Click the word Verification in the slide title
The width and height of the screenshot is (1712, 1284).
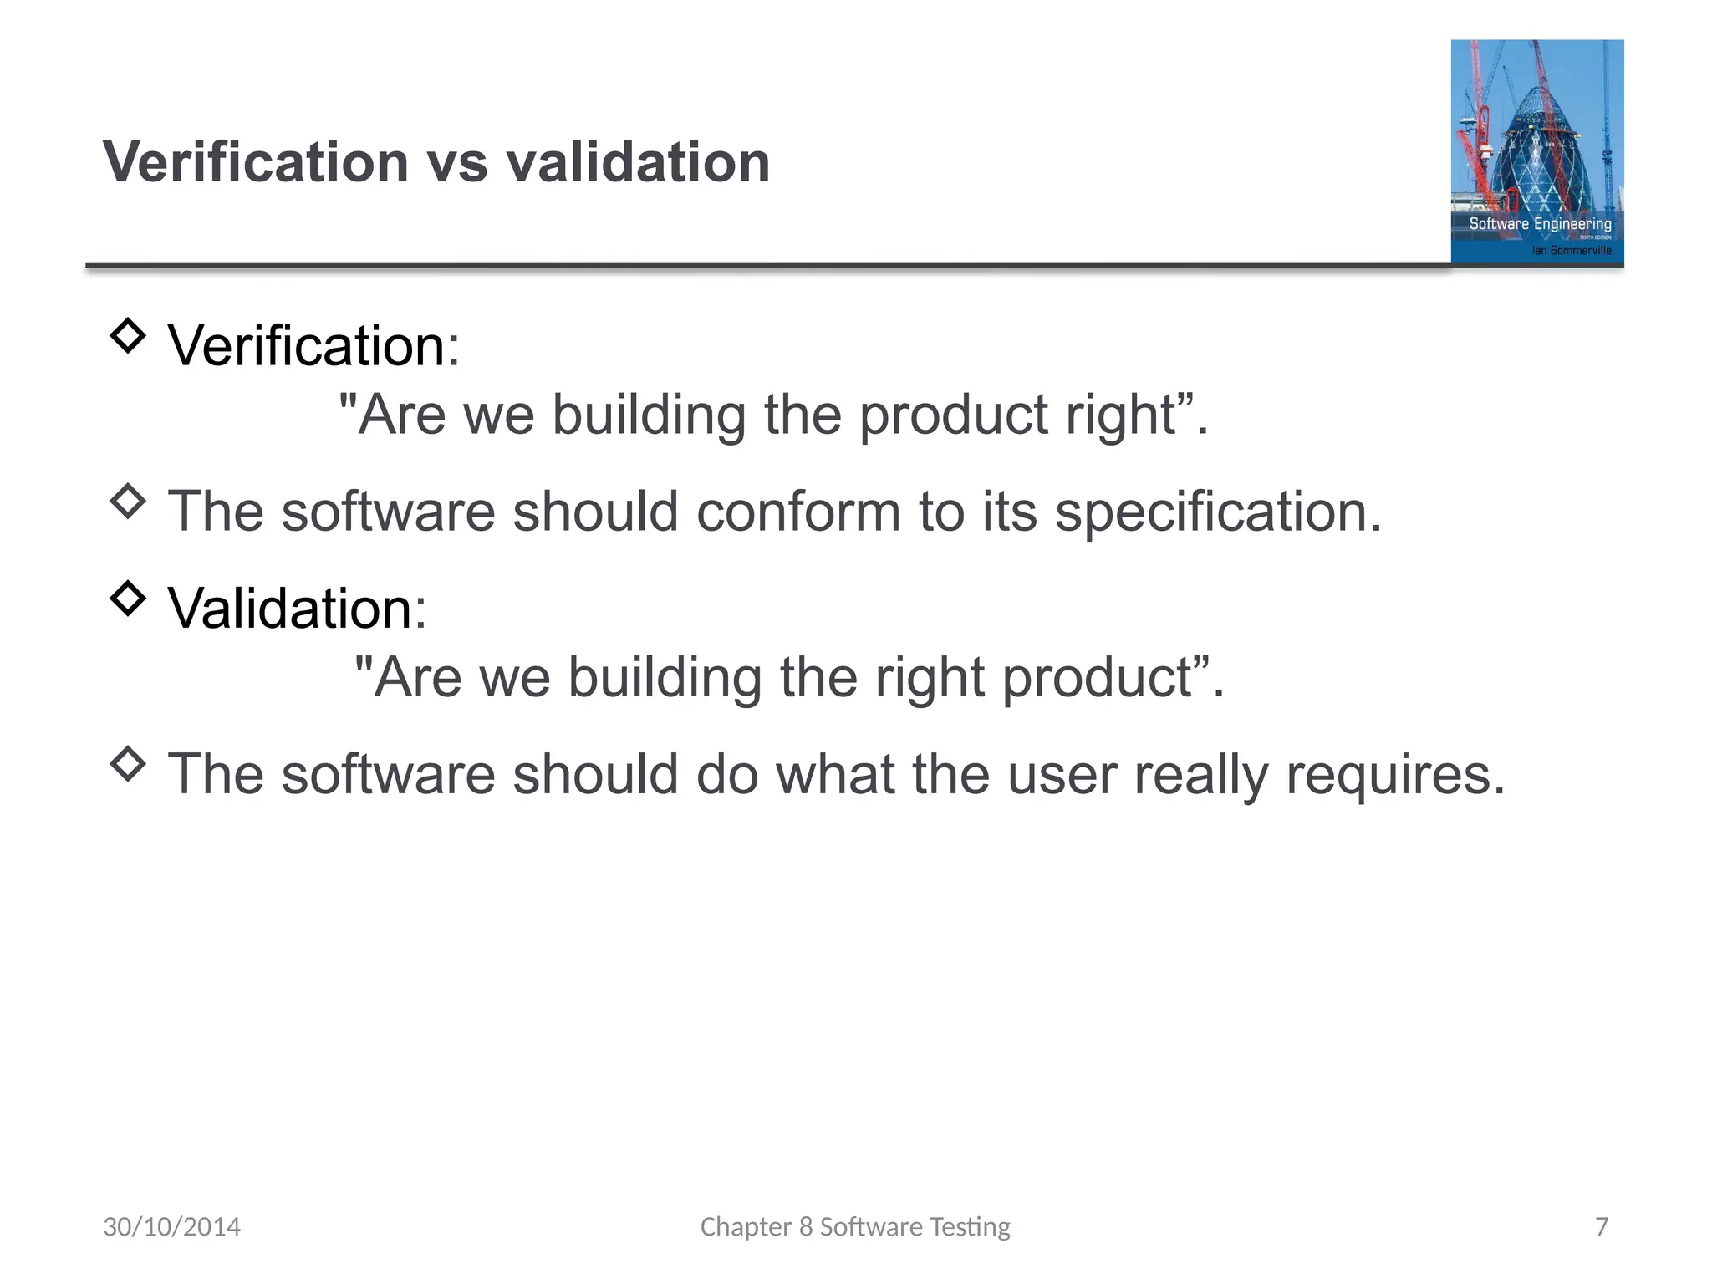(x=255, y=162)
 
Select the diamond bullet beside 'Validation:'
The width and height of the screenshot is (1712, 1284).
(x=128, y=598)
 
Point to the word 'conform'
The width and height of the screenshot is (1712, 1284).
(x=797, y=512)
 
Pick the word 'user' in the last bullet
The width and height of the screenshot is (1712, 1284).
(x=1062, y=775)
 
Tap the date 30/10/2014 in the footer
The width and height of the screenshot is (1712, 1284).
(x=171, y=1226)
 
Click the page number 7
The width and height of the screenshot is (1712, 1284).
(x=1601, y=1226)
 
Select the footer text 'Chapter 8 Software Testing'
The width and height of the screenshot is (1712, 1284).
(x=854, y=1226)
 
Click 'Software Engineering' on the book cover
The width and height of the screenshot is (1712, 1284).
(x=1540, y=224)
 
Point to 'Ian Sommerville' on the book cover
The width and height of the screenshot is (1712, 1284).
(x=1571, y=250)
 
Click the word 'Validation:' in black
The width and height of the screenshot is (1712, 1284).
(x=297, y=608)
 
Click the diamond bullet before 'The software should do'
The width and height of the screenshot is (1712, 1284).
(x=128, y=763)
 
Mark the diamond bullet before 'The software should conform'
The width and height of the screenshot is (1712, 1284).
(x=128, y=501)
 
